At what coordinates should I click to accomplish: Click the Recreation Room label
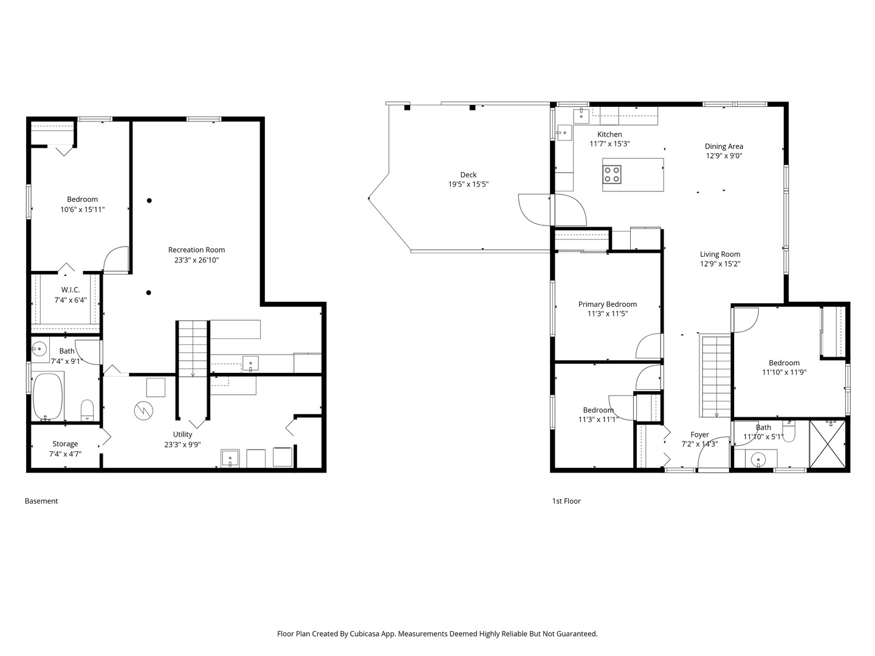pos(196,250)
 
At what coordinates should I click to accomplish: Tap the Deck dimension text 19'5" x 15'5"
pos(468,184)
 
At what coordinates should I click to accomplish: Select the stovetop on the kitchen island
pos(611,174)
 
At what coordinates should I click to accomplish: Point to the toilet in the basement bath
pos(87,410)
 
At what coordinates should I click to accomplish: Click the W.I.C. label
pos(70,290)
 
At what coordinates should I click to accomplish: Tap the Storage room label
pos(65,443)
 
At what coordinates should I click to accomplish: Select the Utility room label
pos(182,434)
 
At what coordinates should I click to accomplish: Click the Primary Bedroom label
pos(608,304)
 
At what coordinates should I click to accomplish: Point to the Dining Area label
pos(724,146)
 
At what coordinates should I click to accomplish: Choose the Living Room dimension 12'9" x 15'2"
pos(720,264)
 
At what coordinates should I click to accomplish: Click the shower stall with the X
pos(828,444)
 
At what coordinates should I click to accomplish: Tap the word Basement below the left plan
pos(41,501)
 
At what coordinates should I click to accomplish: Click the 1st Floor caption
pos(566,501)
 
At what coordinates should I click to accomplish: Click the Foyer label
pos(699,434)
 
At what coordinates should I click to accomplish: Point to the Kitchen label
pos(609,134)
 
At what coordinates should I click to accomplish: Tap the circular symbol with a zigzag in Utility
pos(143,411)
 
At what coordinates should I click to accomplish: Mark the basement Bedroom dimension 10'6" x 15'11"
pos(83,210)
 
